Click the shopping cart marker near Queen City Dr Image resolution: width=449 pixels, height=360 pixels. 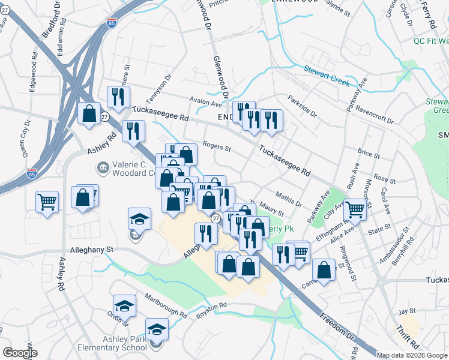[x=47, y=201]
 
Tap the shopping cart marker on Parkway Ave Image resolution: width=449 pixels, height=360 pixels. [x=355, y=209]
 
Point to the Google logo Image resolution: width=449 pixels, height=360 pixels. [x=20, y=352]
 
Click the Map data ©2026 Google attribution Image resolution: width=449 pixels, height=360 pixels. [x=412, y=355]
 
